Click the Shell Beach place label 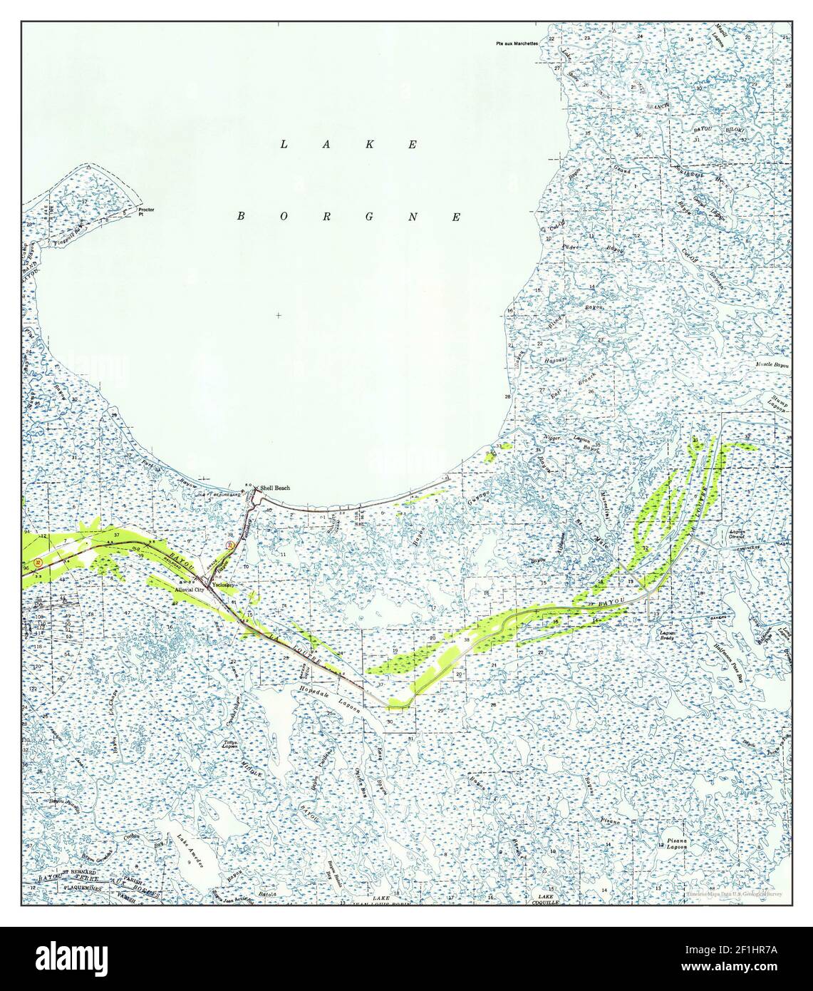(275, 488)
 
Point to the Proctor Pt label (147, 212)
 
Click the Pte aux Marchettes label (517, 43)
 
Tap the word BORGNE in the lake (349, 216)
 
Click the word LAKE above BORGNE (349, 145)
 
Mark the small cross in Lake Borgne (278, 315)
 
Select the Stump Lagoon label (777, 404)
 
